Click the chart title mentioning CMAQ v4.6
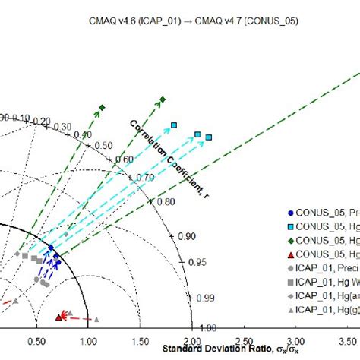(x=180, y=19)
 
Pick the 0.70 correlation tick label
(x=144, y=177)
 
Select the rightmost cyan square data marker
(x=210, y=137)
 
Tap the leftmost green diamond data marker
(x=102, y=107)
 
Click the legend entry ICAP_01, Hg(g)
(x=324, y=308)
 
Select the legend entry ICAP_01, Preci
(x=324, y=267)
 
